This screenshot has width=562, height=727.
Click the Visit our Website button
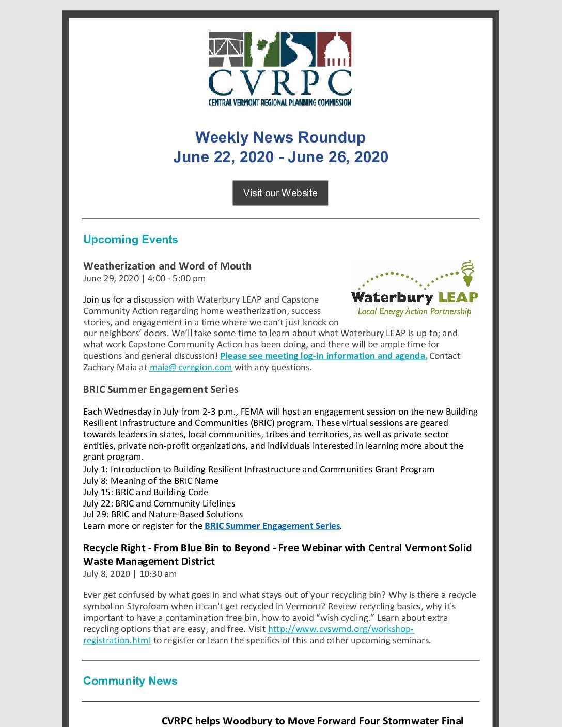[280, 193]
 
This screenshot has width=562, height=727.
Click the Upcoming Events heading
[130, 240]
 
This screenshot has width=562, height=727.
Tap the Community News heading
[130, 681]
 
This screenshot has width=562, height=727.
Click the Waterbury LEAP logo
[414, 289]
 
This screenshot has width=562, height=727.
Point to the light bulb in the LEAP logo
[467, 272]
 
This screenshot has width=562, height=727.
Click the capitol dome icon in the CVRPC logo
[334, 50]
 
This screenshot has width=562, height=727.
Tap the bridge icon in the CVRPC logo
[226, 50]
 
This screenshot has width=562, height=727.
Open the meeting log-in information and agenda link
[323, 356]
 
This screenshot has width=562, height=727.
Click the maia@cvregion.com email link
[191, 367]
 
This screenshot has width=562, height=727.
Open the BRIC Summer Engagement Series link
[272, 526]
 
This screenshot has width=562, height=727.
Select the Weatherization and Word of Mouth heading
[167, 266]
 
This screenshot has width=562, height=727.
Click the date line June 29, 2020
[144, 278]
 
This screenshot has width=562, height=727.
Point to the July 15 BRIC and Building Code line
[146, 492]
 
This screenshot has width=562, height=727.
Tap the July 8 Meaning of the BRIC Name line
[151, 481]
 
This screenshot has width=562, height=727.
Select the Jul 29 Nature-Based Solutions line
[163, 514]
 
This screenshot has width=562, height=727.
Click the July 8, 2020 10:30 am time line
[130, 574]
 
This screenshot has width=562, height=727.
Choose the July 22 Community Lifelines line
[159, 503]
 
